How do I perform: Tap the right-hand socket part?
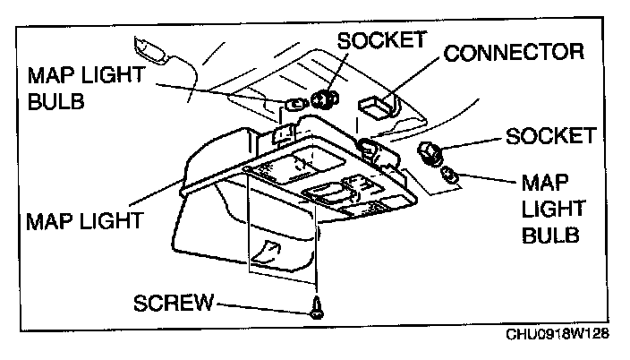431,154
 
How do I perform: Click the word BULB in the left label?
55,102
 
